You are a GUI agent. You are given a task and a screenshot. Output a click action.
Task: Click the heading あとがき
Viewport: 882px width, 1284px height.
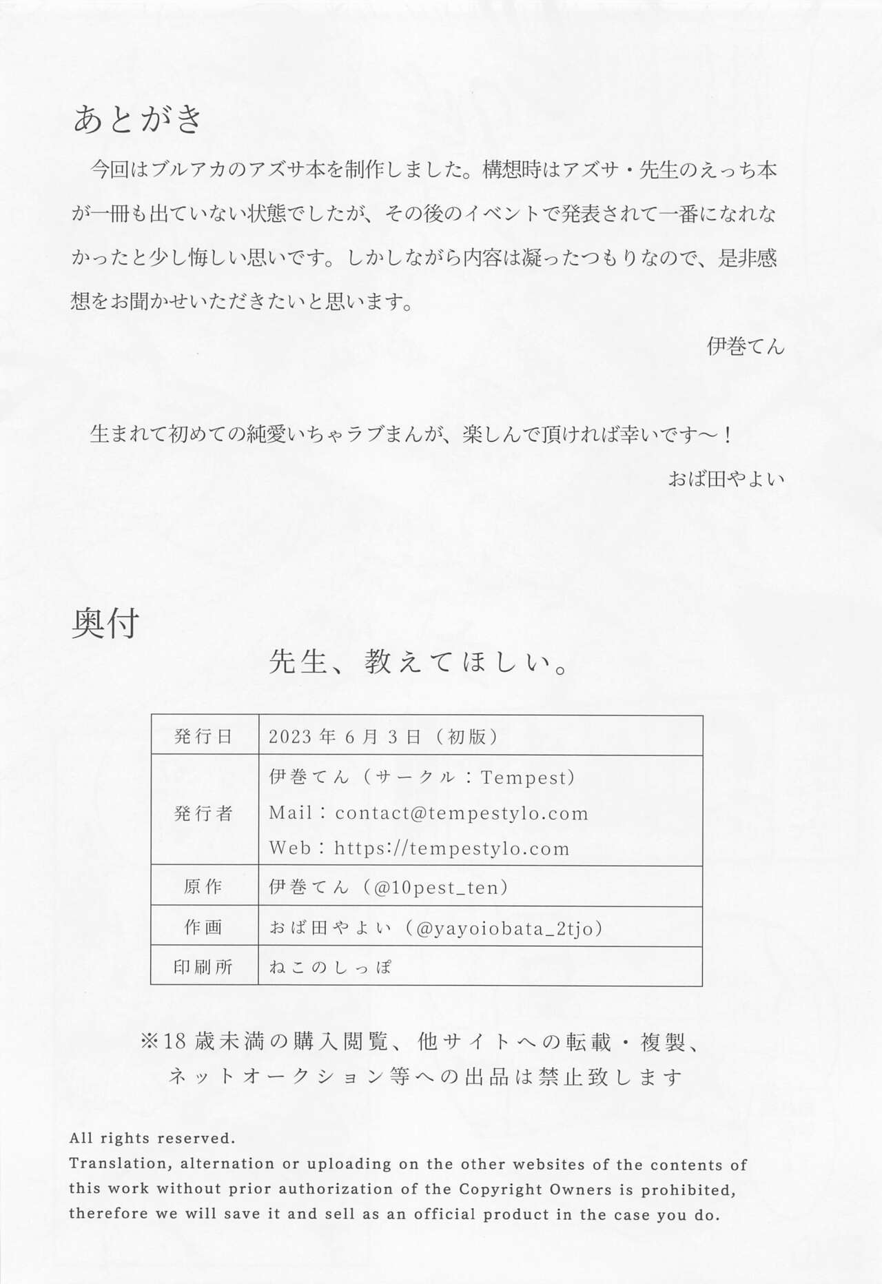click(138, 119)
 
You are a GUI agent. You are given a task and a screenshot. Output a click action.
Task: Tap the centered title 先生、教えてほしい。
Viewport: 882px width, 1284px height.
click(418, 663)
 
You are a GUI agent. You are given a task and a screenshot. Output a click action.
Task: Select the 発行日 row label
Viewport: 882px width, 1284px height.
click(203, 736)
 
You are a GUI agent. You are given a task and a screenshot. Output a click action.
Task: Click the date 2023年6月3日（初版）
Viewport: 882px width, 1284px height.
click(383, 736)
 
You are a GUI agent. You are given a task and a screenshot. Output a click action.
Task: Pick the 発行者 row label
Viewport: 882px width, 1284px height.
click(203, 813)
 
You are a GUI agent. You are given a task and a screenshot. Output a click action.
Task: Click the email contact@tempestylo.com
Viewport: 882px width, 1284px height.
click(462, 813)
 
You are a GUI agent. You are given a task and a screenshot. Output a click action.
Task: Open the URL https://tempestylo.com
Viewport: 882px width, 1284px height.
click(452, 848)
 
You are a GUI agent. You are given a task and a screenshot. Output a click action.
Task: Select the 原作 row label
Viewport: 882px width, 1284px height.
click(203, 887)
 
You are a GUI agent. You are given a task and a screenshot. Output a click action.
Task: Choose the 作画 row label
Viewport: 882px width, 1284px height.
click(203, 928)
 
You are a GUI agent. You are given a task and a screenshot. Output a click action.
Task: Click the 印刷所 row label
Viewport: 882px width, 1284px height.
click(203, 967)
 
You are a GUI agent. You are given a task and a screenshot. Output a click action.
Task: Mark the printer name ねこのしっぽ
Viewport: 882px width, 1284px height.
click(330, 967)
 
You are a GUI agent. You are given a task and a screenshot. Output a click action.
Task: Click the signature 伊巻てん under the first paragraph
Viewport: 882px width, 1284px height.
click(746, 346)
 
